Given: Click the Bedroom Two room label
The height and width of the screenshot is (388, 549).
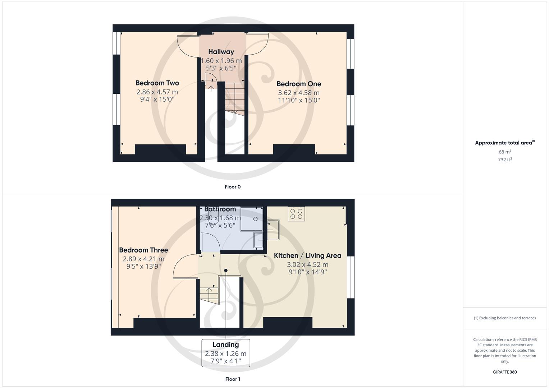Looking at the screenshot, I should click(x=157, y=83).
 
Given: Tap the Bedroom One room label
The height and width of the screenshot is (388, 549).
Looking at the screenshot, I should click(x=299, y=84).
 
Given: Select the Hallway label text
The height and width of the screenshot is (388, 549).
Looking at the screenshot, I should click(x=221, y=52).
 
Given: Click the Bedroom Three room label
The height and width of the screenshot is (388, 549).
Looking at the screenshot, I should click(x=143, y=250).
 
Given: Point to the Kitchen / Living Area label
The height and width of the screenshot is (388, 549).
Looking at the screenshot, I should click(x=307, y=255).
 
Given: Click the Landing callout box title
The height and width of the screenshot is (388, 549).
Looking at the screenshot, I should click(x=225, y=345).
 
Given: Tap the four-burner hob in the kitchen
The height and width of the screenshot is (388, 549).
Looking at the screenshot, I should click(x=296, y=214).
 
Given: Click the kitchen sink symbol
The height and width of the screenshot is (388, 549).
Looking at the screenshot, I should click(x=273, y=230).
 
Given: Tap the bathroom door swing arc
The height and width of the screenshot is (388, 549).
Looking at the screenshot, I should click(x=211, y=242).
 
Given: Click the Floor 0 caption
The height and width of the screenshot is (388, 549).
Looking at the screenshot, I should click(x=233, y=187).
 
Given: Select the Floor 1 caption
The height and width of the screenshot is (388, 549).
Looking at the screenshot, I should click(x=233, y=379).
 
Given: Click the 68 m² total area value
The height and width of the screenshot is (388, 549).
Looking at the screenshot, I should click(x=505, y=152).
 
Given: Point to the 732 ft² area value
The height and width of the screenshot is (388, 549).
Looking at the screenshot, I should click(x=505, y=160).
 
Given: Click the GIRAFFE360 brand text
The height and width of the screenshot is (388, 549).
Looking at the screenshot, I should click(x=505, y=372).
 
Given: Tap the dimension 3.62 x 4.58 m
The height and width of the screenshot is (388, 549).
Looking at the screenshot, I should click(x=299, y=93).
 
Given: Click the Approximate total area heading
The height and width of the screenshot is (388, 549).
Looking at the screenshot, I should click(x=504, y=143).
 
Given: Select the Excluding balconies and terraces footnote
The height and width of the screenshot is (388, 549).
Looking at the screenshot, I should click(x=505, y=318).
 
